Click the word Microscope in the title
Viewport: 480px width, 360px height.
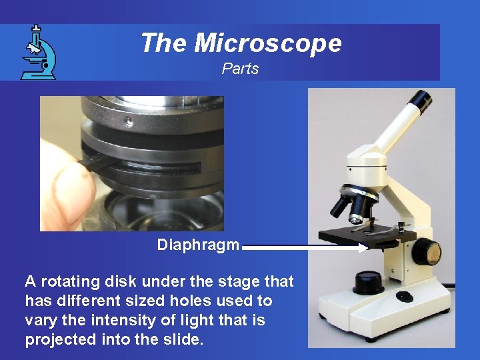pyautogui.click(x=268, y=43)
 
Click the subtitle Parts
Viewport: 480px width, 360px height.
pyautogui.click(x=240, y=69)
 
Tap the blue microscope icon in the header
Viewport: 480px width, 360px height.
pyautogui.click(x=38, y=53)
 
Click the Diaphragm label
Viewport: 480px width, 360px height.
pyautogui.click(x=197, y=245)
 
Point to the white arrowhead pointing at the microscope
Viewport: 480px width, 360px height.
pyautogui.click(x=363, y=247)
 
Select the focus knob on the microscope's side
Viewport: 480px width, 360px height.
pyautogui.click(x=426, y=251)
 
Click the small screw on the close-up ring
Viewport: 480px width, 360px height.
pyautogui.click(x=128, y=122)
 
